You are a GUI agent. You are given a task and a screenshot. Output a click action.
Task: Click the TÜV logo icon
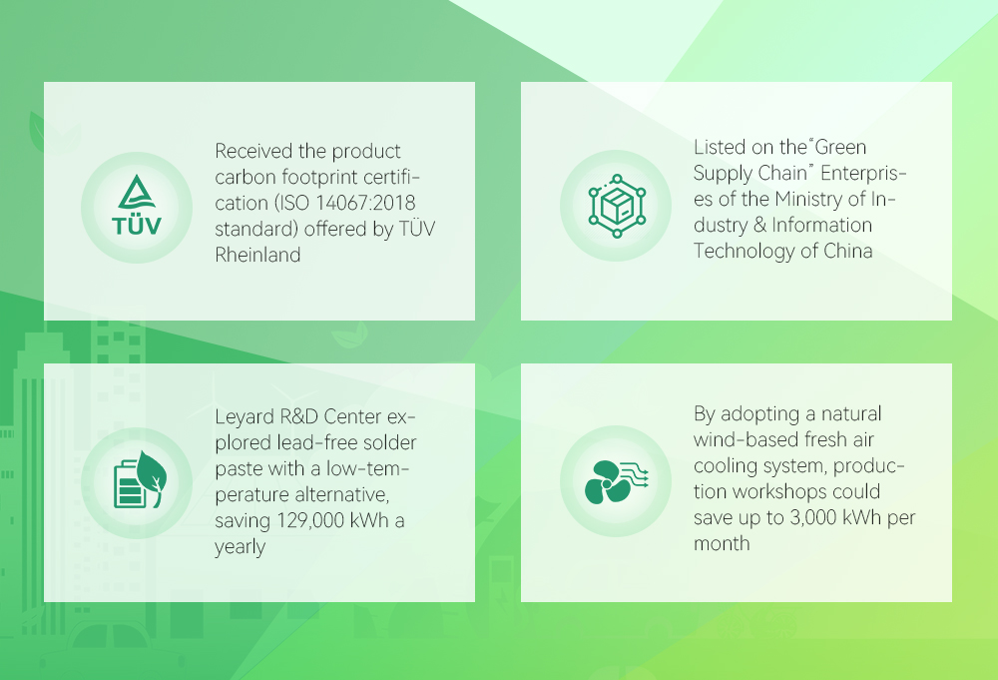coord(137,205)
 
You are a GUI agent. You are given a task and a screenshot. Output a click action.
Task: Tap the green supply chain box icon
coord(617,206)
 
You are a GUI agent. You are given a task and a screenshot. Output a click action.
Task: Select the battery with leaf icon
coord(140,479)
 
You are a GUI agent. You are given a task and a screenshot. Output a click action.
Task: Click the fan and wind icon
coord(616,482)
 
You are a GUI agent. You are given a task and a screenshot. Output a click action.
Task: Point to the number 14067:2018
coord(365,203)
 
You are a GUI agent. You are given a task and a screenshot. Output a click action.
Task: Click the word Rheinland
coord(257,255)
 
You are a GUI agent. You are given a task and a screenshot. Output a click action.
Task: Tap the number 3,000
coord(812,517)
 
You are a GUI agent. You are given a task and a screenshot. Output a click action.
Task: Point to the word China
coord(847,251)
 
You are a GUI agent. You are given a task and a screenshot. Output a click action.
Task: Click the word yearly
coord(240,547)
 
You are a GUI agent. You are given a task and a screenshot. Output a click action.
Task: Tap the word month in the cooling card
coord(722,544)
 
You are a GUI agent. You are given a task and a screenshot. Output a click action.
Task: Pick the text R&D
coord(298,416)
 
